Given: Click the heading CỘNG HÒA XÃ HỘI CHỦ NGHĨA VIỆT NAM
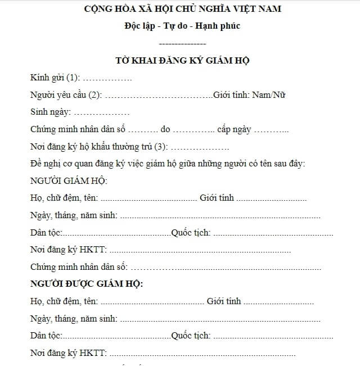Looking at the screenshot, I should [x=182, y=9].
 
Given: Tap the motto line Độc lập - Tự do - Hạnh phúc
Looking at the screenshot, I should [x=182, y=26].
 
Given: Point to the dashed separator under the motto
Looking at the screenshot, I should [x=182, y=43].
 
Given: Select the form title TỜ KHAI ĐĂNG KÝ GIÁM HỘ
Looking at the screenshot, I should [x=182, y=60].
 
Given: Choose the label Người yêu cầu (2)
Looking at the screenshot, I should [x=66, y=95].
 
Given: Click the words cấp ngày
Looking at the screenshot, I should [x=234, y=129].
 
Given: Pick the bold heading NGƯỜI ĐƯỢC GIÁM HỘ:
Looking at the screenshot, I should [x=87, y=283].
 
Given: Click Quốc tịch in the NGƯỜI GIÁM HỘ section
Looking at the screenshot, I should [x=191, y=232].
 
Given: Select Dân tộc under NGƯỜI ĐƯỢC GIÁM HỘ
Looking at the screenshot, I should [x=46, y=336].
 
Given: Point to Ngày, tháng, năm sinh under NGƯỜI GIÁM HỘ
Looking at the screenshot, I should [x=74, y=215].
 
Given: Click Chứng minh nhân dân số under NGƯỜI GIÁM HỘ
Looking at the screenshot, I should [x=79, y=266].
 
